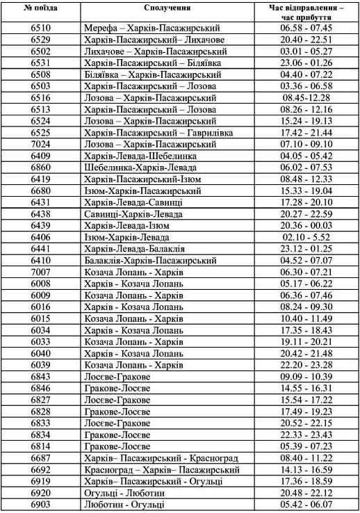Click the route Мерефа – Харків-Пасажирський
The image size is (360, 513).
151,28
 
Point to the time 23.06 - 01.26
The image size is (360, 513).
306,63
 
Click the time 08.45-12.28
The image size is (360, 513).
306,98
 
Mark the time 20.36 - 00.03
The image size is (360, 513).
306,226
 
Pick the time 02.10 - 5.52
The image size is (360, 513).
306,237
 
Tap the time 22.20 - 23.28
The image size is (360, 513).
306,365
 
